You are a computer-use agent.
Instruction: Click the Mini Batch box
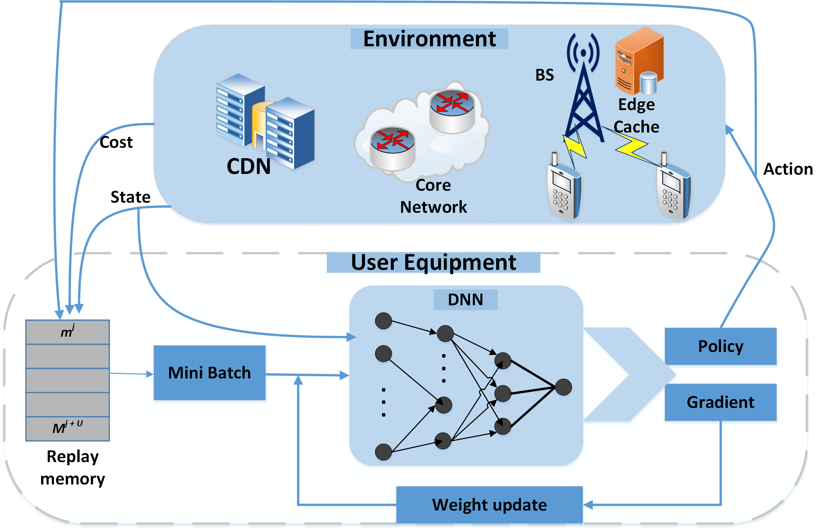pyautogui.click(x=210, y=373)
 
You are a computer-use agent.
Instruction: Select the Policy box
pyautogui.click(x=720, y=346)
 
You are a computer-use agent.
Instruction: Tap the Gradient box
pyautogui.click(x=720, y=402)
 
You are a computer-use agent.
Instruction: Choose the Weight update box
pyautogui.click(x=489, y=505)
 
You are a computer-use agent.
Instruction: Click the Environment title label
pyautogui.click(x=429, y=39)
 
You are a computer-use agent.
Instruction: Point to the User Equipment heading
pyautogui.click(x=433, y=262)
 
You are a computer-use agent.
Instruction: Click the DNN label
pyautogui.click(x=465, y=299)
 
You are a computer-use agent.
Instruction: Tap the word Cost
pyautogui.click(x=116, y=142)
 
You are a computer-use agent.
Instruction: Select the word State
pyautogui.click(x=130, y=197)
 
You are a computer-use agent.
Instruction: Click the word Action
pyautogui.click(x=788, y=169)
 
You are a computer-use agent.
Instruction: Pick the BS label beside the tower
pyautogui.click(x=544, y=75)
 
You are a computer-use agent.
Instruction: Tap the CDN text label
pyautogui.click(x=248, y=166)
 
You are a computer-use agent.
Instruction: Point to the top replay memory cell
pyautogui.click(x=68, y=332)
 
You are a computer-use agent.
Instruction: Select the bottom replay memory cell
pyautogui.click(x=68, y=428)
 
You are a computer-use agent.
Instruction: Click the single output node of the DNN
pyautogui.click(x=563, y=387)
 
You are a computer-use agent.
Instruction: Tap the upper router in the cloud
pyautogui.click(x=452, y=111)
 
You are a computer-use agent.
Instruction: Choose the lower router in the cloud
pyautogui.click(x=393, y=147)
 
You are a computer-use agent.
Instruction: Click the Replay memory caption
pyautogui.click(x=72, y=467)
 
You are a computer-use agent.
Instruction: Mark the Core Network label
pyautogui.click(x=433, y=196)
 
